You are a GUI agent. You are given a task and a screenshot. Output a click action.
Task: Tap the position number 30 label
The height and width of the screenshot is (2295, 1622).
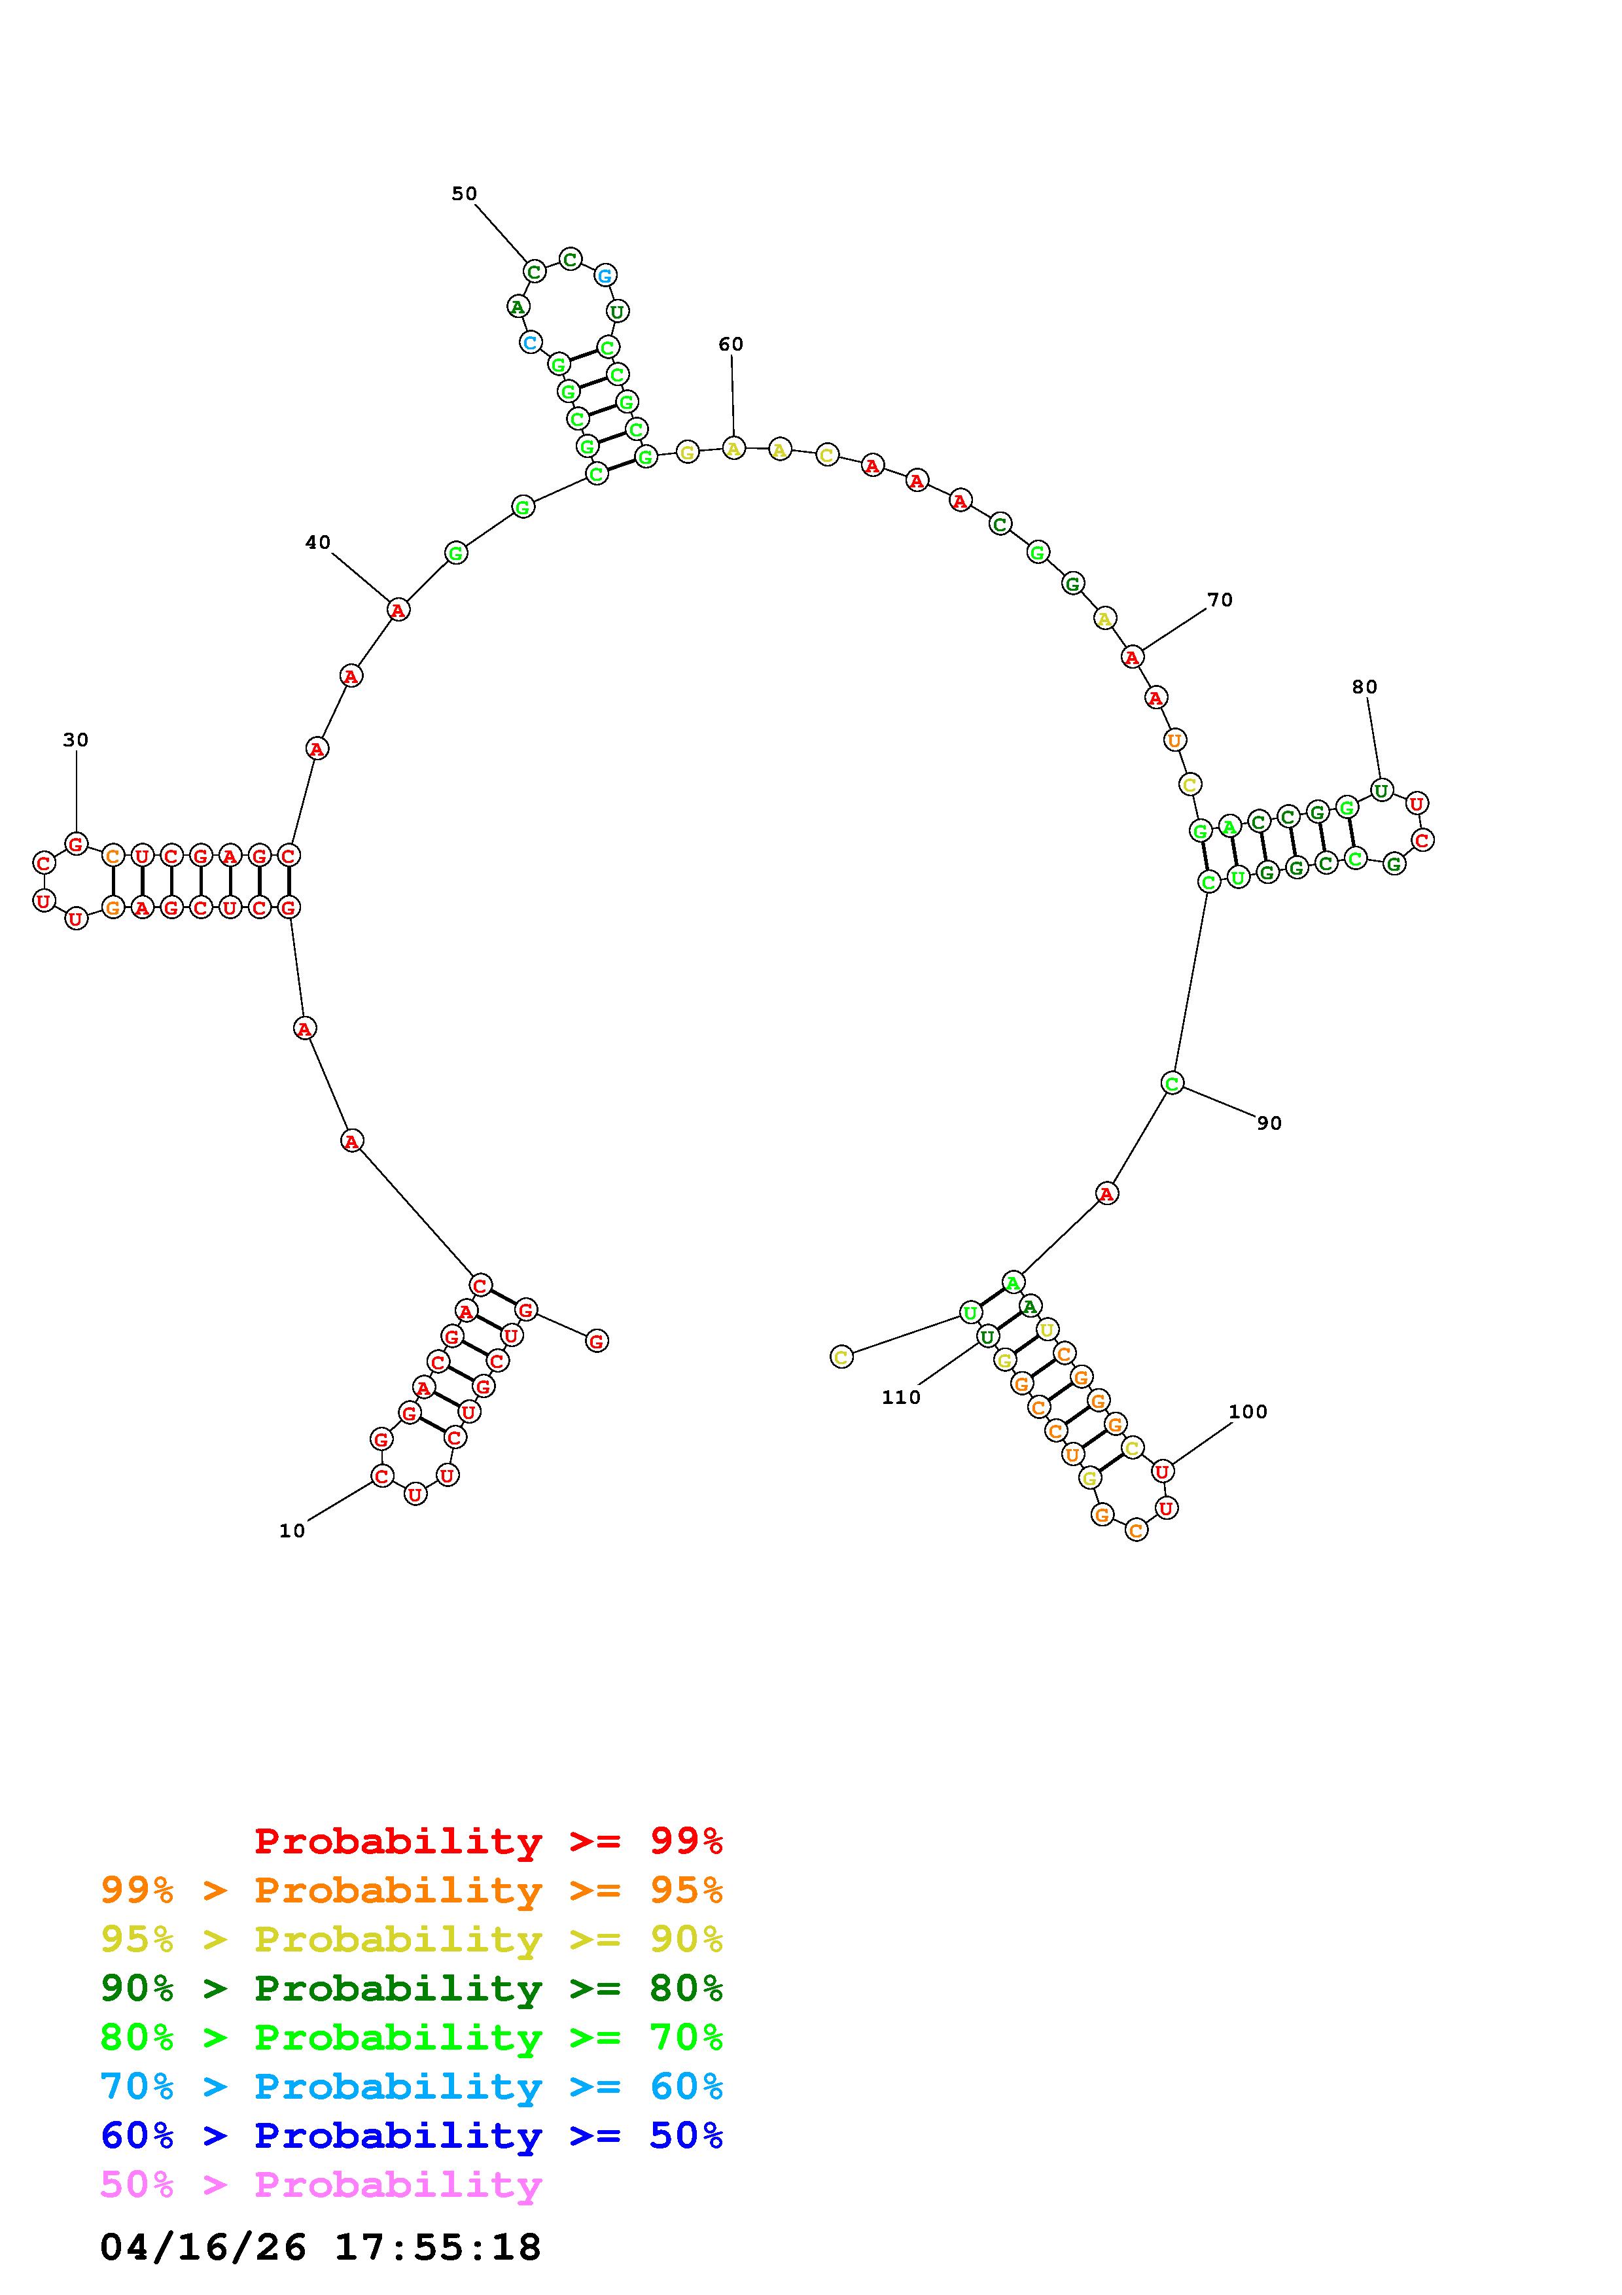point(76,740)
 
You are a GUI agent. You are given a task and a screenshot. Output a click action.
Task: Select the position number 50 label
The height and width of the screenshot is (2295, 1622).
point(465,193)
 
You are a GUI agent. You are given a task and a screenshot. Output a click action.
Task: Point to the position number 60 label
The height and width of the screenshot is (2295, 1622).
point(731,344)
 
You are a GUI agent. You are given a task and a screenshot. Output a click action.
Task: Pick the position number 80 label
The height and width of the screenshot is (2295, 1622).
point(1364,687)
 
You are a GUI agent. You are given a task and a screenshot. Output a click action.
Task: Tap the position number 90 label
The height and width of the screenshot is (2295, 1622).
point(1269,1123)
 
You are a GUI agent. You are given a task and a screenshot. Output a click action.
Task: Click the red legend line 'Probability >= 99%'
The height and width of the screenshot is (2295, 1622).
point(489,1841)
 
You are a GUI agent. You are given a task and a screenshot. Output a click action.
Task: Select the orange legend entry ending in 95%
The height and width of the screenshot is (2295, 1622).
point(412,1890)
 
